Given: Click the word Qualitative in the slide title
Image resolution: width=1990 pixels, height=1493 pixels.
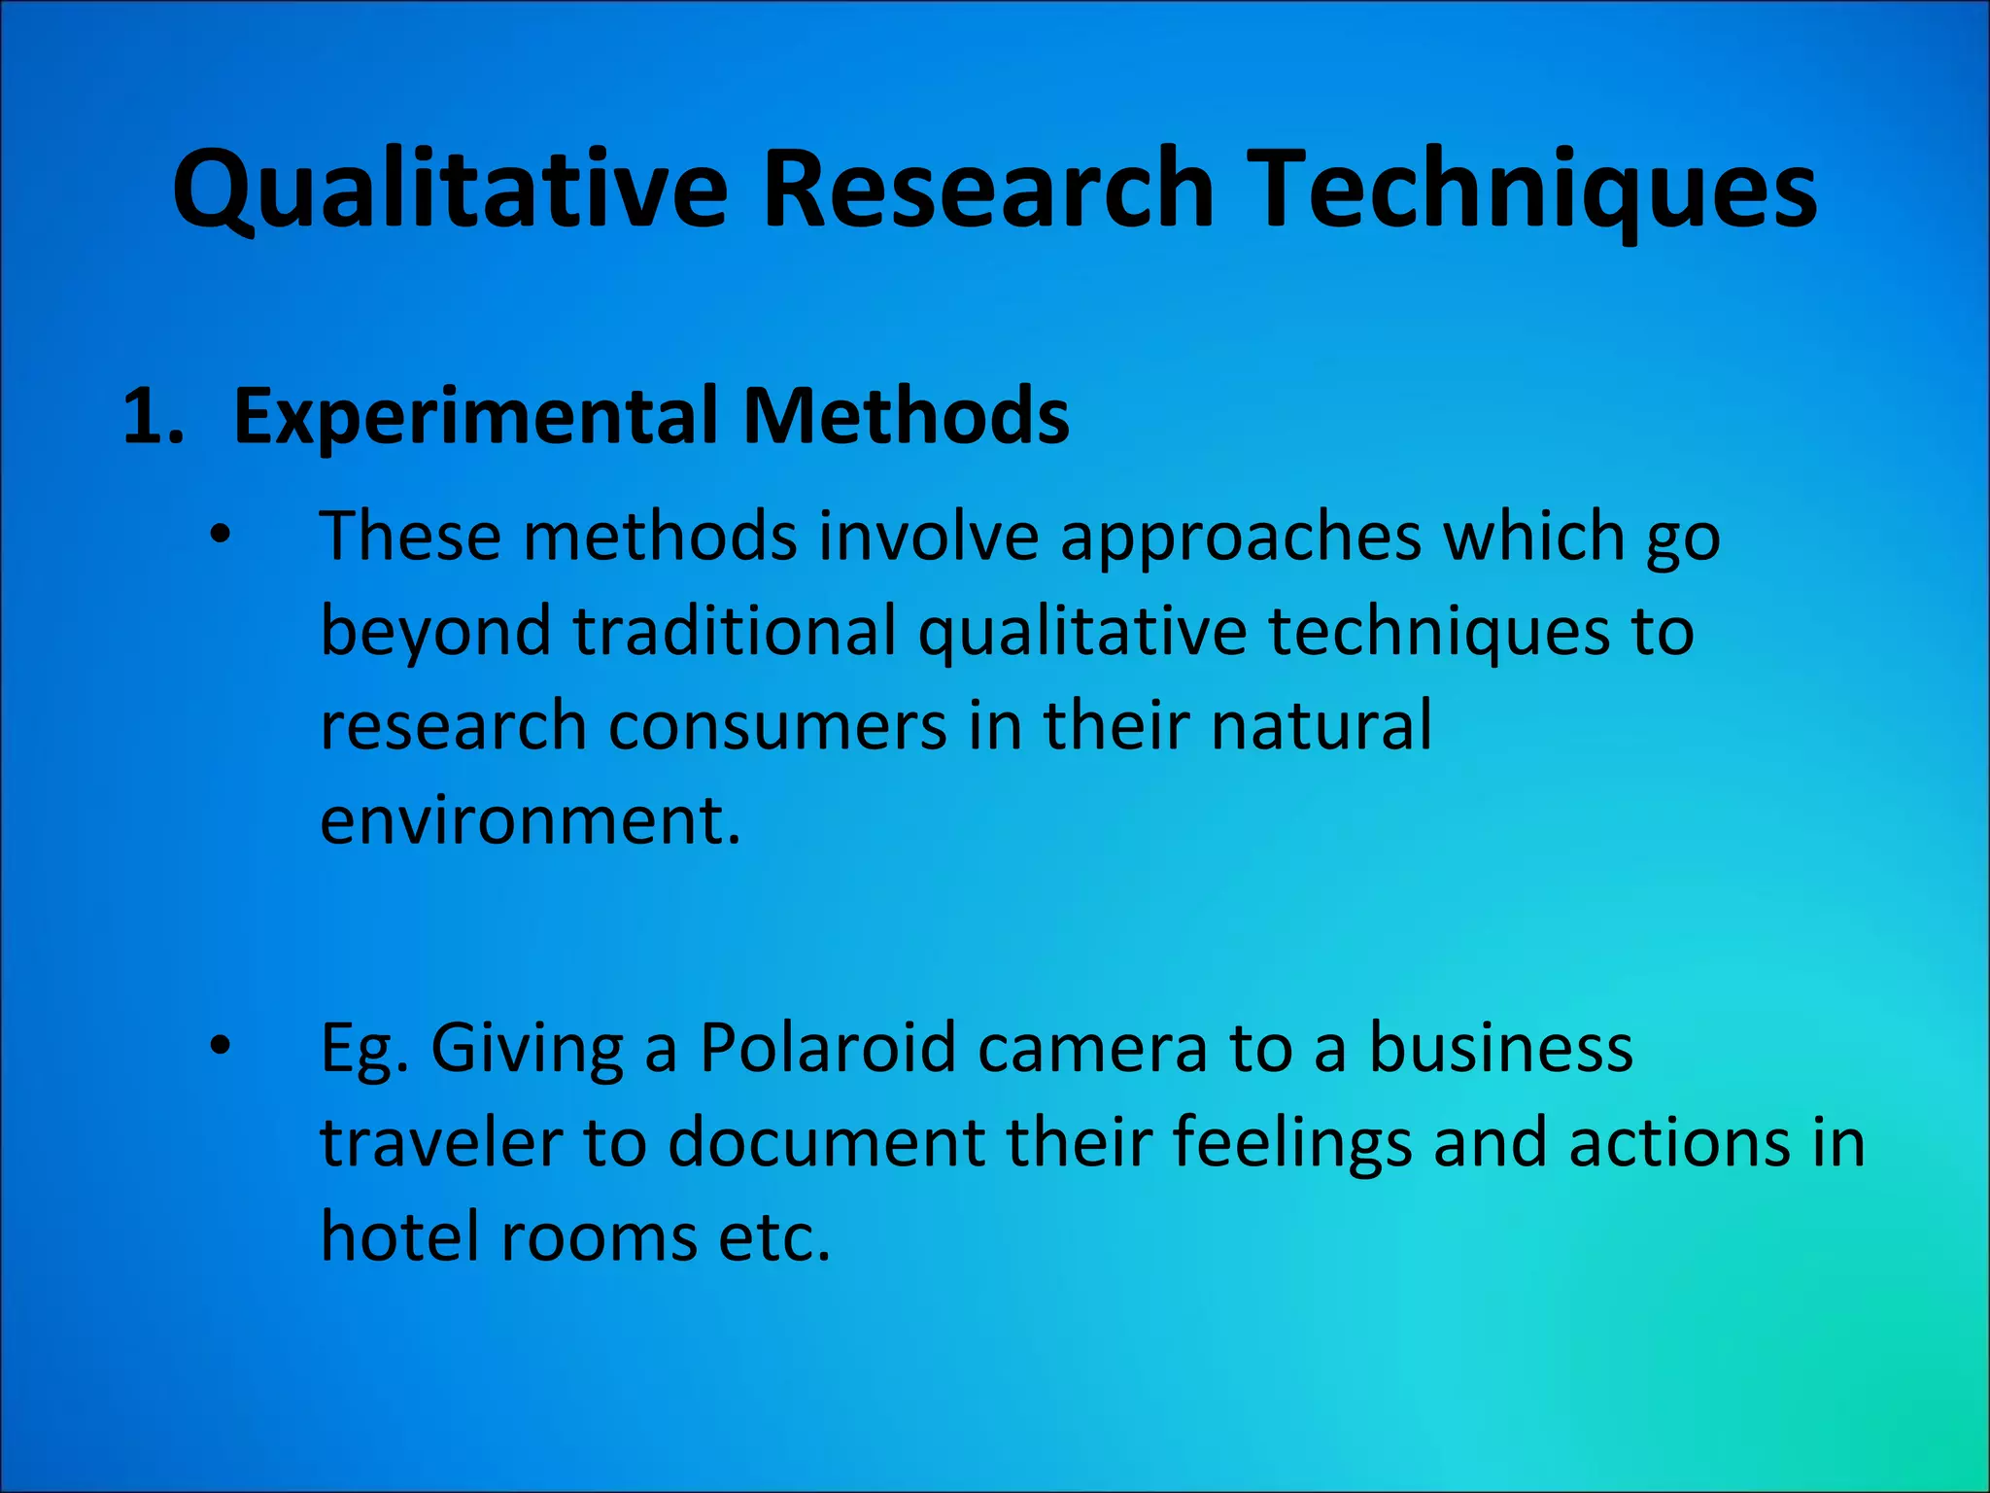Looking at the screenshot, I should coord(450,190).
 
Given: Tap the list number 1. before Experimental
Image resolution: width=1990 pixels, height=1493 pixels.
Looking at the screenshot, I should coord(154,417).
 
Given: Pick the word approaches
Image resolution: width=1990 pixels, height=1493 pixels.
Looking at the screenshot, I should coord(1240,537).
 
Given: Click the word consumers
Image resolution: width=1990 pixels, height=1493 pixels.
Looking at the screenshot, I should coord(777,726).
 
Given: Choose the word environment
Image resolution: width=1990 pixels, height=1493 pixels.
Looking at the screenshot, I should coord(530,820).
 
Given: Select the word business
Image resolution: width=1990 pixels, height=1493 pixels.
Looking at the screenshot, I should coord(1500,1048).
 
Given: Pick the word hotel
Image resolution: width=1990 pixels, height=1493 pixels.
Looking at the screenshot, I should coord(399,1236).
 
